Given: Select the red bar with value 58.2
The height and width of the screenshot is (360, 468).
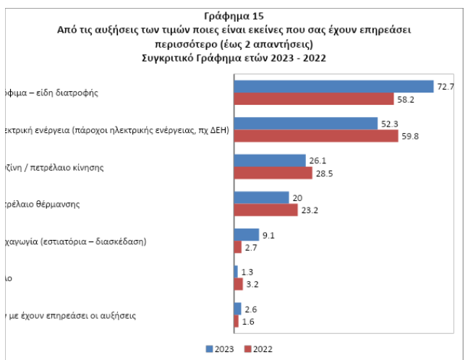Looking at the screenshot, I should point(313,98).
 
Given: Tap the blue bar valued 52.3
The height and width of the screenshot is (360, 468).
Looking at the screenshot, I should point(305,123).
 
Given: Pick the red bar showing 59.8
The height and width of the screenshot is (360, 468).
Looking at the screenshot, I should point(315,135).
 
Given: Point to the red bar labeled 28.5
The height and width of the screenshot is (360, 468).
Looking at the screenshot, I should point(273,173).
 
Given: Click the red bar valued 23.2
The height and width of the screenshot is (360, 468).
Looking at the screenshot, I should point(265,210).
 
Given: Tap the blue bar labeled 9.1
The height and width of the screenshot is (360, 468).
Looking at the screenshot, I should point(246,234).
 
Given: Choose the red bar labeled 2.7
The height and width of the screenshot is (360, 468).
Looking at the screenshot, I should point(237,247).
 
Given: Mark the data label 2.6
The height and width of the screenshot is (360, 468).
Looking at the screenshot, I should point(252,309).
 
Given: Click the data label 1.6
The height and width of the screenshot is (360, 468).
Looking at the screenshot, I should point(249,321).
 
